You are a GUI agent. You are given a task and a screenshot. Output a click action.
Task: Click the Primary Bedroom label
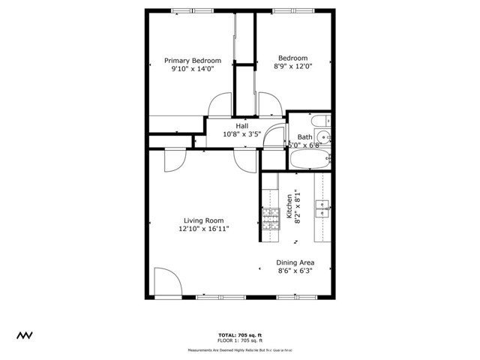tap(193, 61)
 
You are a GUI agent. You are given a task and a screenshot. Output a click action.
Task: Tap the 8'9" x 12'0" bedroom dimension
tap(292, 67)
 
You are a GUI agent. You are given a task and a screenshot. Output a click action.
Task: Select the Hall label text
tap(241, 126)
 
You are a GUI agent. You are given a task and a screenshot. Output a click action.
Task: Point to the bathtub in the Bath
tap(308, 159)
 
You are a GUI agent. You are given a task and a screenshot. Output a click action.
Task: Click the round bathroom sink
tap(322, 136)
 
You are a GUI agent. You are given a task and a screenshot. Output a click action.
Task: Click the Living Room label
tap(204, 221)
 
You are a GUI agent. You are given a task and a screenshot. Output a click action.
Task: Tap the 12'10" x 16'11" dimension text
tap(204, 229)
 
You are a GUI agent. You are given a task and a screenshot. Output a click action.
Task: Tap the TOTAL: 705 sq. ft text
tap(241, 334)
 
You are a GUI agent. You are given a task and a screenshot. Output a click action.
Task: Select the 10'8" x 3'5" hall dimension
tap(241, 135)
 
